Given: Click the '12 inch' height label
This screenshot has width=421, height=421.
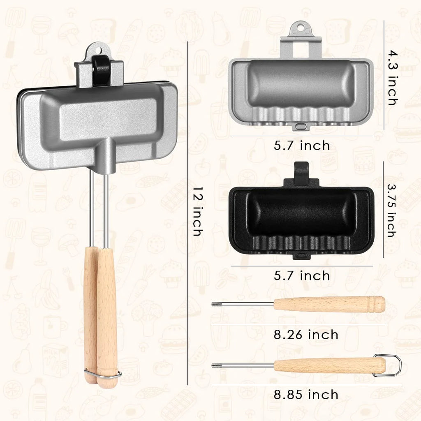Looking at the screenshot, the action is pos(197,212).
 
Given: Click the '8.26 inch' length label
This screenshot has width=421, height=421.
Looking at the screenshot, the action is pos(306,335).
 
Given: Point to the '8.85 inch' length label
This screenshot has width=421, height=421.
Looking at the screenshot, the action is pos(306,395).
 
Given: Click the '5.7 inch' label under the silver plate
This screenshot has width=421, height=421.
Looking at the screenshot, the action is pos(302,146).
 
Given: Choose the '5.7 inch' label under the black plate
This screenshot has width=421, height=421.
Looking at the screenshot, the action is pos(302,276).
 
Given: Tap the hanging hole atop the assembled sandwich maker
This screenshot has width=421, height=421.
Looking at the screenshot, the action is pos(100,50).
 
